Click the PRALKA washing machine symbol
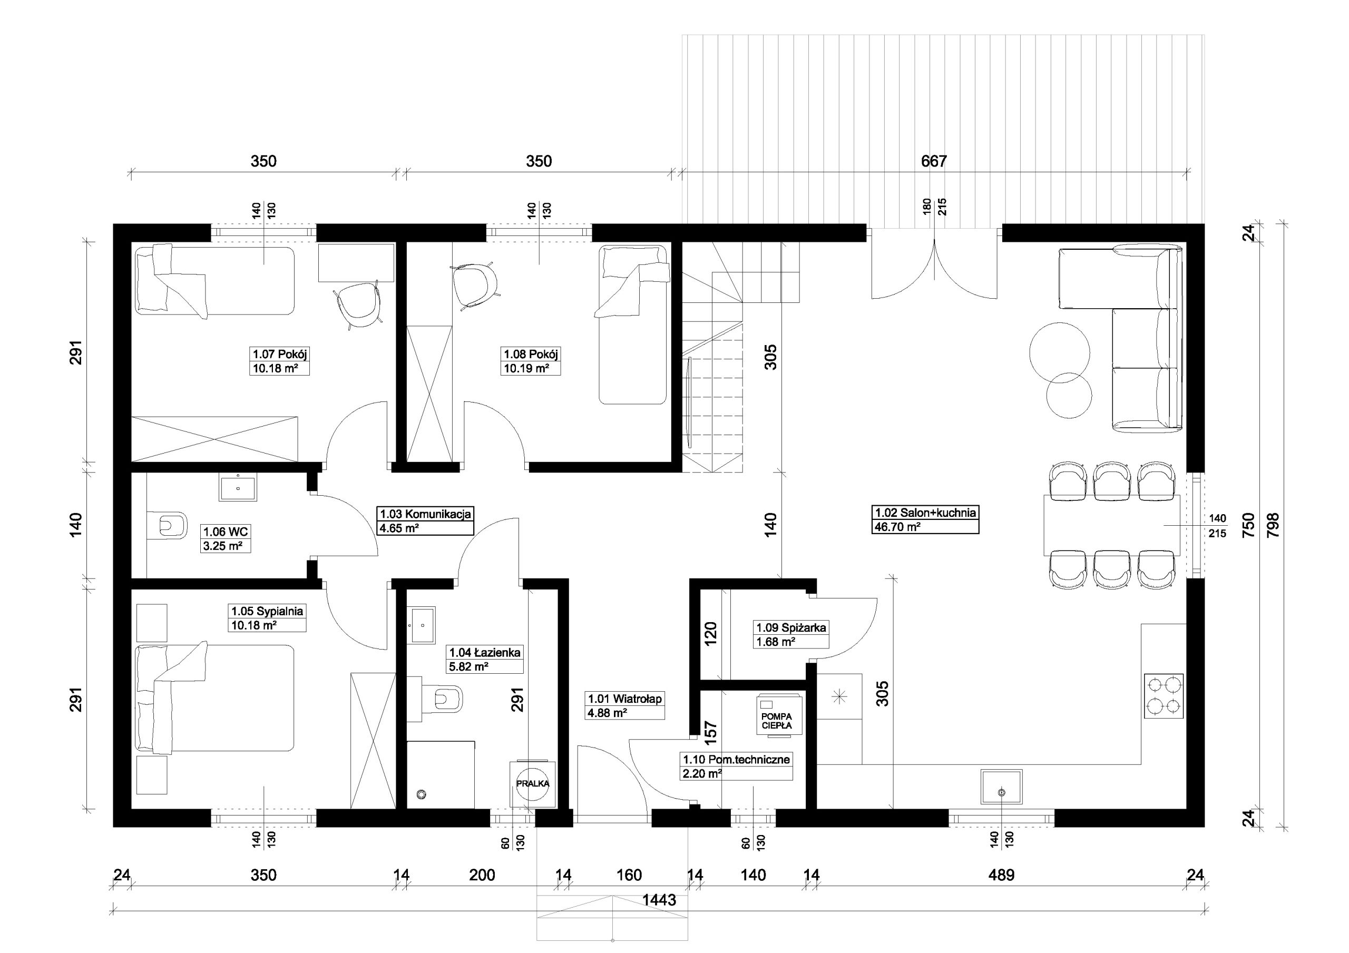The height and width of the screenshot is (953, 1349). pyautogui.click(x=532, y=783)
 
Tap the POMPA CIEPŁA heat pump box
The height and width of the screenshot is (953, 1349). pyautogui.click(x=776, y=714)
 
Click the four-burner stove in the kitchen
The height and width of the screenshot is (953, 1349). pyautogui.click(x=1164, y=696)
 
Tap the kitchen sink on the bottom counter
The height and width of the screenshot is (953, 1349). pyautogui.click(x=1001, y=787)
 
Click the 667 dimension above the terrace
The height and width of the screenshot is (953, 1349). pyautogui.click(x=934, y=161)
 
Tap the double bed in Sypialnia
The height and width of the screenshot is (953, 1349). pyautogui.click(x=214, y=697)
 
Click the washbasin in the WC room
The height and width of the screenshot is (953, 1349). pyautogui.click(x=238, y=488)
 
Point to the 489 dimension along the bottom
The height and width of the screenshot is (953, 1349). pyautogui.click(x=1002, y=875)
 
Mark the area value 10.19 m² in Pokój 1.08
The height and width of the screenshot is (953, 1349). pyautogui.click(x=526, y=368)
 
